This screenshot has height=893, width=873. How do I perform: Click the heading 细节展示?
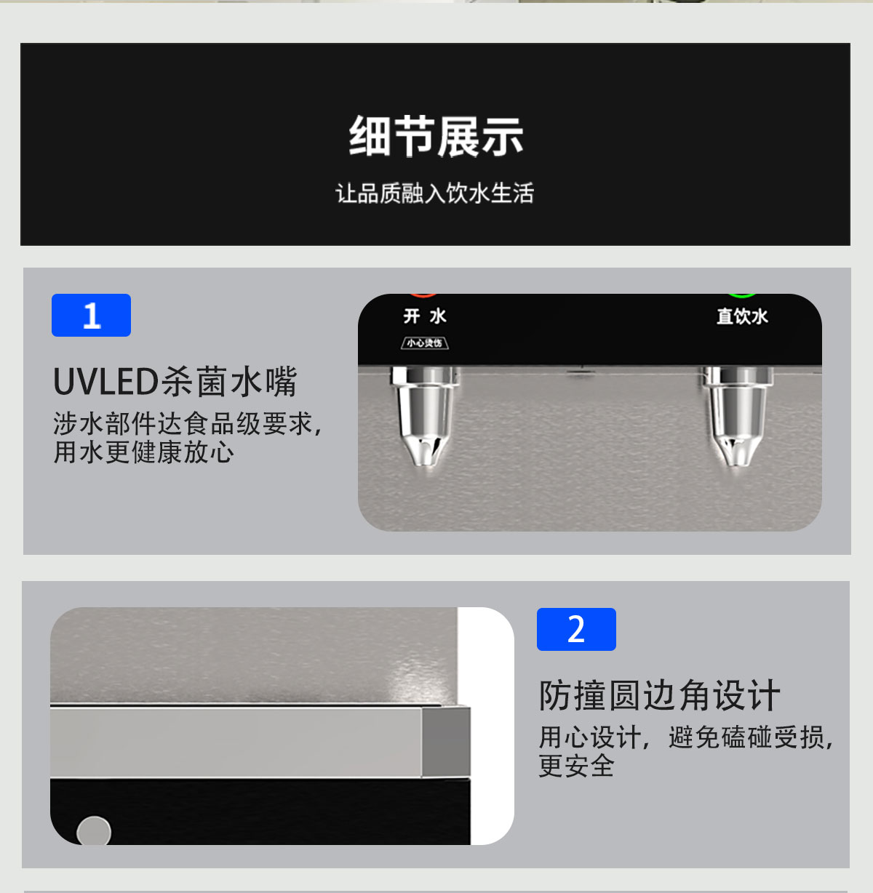pyautogui.click(x=436, y=137)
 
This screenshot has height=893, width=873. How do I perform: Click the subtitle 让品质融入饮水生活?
pyautogui.click(x=435, y=193)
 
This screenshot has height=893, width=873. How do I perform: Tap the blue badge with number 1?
pyautogui.click(x=91, y=316)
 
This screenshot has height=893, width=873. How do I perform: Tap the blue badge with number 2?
pyautogui.click(x=576, y=630)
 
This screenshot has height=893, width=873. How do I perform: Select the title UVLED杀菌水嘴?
pyautogui.click(x=175, y=382)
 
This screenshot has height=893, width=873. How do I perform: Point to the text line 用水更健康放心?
pyautogui.click(x=143, y=452)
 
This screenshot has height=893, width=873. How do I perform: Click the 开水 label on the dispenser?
pyautogui.click(x=425, y=316)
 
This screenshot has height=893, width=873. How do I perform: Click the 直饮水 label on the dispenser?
pyautogui.click(x=742, y=316)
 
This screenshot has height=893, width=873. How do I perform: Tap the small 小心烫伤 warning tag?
pyautogui.click(x=425, y=343)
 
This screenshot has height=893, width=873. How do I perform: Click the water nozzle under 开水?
pyautogui.click(x=426, y=418)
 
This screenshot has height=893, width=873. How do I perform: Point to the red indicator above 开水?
pyautogui.click(x=423, y=295)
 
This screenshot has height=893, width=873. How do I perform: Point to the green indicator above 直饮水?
pyautogui.click(x=742, y=295)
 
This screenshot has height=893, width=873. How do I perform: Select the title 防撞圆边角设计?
pyautogui.click(x=659, y=696)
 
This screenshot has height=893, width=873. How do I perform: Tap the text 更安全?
pyautogui.click(x=576, y=766)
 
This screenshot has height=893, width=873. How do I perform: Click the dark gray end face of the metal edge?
pyautogui.click(x=446, y=741)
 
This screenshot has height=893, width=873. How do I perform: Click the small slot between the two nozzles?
pyautogui.click(x=578, y=374)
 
